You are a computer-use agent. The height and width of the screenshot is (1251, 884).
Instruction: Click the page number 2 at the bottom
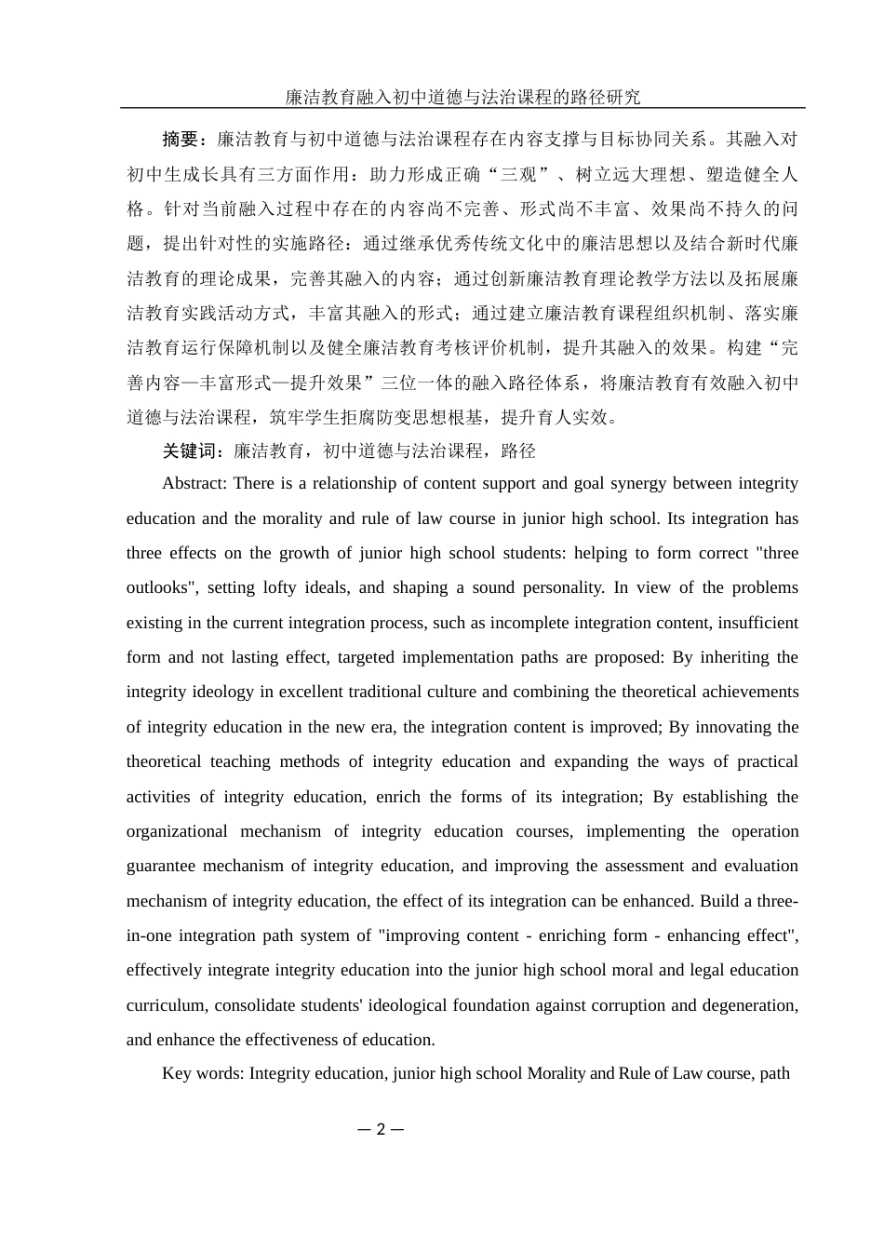coord(380,1130)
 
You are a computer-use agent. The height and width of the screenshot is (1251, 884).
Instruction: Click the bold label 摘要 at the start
coord(181,140)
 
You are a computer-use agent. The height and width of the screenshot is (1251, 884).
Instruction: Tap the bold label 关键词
coord(189,451)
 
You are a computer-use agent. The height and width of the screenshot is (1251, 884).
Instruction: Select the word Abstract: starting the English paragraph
coord(194,483)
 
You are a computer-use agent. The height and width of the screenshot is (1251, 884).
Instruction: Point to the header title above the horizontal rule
coord(462,97)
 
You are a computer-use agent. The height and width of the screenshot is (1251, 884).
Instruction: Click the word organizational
coord(177,831)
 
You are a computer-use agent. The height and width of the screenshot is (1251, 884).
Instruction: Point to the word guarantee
coord(161,866)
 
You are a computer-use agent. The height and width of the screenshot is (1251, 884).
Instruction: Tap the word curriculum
coord(166,1005)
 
